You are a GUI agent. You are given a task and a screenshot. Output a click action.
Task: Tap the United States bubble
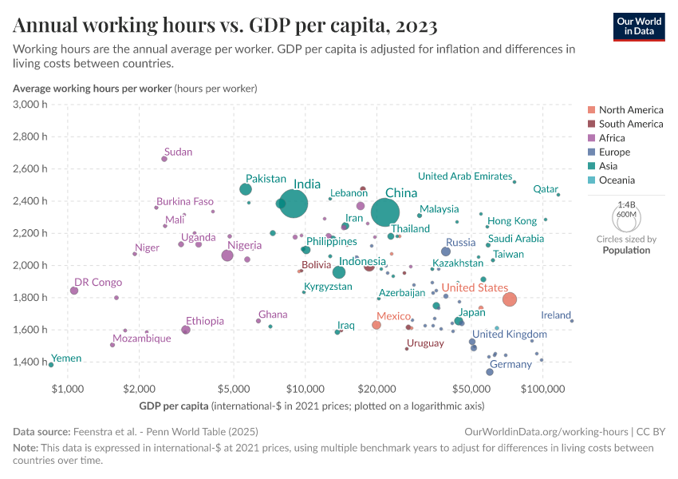[510, 299]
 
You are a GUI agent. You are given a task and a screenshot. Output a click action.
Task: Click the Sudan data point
[164, 159]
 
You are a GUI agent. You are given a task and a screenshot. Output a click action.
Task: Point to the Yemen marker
[51, 365]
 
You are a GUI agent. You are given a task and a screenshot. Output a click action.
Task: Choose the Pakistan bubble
[246, 189]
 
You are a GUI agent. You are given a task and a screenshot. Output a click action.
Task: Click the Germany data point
[490, 372]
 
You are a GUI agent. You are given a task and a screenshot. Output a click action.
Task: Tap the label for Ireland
[556, 315]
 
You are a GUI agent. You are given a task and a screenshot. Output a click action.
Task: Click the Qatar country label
[546, 189]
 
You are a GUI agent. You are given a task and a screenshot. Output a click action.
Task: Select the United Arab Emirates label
[465, 176]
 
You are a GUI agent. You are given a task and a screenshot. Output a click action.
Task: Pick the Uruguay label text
[425, 343]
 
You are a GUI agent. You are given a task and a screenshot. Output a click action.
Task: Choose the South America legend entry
[630, 124]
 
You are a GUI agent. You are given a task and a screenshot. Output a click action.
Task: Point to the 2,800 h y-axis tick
[32, 137]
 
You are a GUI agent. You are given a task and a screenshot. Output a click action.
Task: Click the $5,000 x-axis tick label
[233, 389]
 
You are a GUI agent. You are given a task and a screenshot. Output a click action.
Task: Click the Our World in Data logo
[639, 26]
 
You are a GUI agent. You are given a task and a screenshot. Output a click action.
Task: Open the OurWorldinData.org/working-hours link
[546, 431]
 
